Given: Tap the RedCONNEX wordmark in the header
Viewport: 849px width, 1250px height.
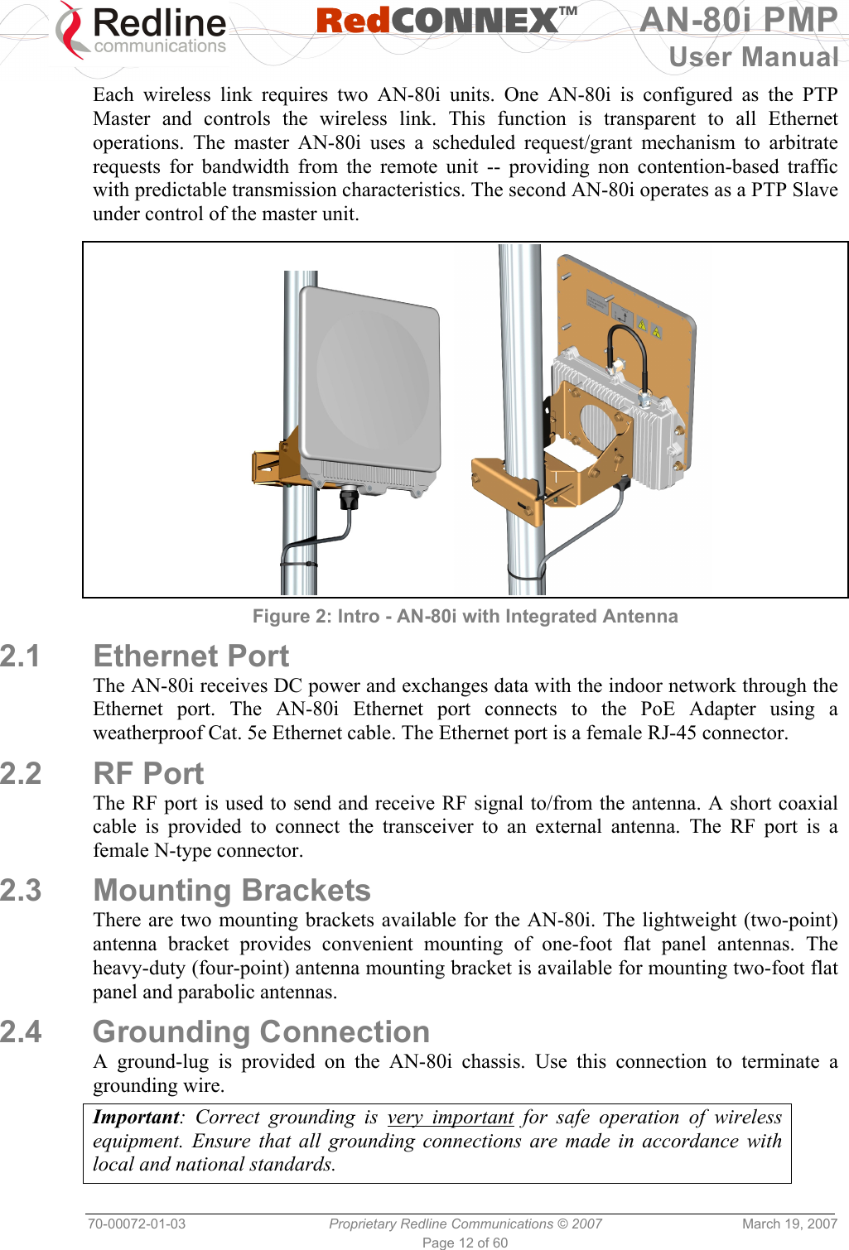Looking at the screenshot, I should (x=446, y=22).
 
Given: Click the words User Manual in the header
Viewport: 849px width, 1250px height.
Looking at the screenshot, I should (x=753, y=57).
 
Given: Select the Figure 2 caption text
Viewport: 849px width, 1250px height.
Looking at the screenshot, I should (x=465, y=616).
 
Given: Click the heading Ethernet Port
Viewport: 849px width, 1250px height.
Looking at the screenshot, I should (x=191, y=656).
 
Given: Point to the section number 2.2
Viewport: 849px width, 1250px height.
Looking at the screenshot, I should (x=21, y=773).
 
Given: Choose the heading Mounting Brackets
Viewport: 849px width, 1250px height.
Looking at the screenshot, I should (x=232, y=890).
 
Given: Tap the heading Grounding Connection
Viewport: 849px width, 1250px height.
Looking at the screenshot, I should (x=261, y=1031).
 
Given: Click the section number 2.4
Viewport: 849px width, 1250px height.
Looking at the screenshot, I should (x=21, y=1031).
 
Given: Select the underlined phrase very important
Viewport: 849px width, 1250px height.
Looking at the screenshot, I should (x=451, y=1117).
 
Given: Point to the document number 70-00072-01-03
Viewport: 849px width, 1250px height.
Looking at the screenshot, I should (x=137, y=1224).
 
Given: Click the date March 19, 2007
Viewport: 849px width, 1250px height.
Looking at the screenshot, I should (x=789, y=1224).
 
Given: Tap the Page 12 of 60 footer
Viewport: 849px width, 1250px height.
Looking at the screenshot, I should (x=465, y=1243).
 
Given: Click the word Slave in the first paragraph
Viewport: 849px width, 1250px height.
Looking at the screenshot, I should (x=815, y=190).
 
